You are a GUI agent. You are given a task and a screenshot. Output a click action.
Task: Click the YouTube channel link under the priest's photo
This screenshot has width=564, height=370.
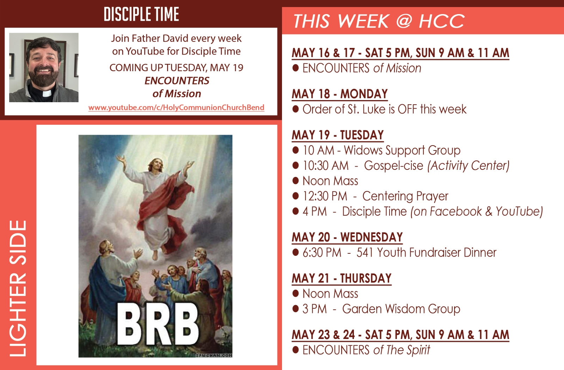point(176,107)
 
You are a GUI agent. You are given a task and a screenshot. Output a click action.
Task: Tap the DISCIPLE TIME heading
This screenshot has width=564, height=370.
point(141,14)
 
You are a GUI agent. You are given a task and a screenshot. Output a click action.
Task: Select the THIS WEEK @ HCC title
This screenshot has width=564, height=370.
point(379,21)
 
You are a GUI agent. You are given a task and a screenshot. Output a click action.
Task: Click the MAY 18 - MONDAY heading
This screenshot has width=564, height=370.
point(340,94)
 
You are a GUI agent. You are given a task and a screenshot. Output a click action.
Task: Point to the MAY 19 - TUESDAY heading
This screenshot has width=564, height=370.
point(338,135)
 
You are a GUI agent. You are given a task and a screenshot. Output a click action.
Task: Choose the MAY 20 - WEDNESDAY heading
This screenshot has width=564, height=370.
point(347,238)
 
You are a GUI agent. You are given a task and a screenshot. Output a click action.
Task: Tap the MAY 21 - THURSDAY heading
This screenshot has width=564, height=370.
point(342,278)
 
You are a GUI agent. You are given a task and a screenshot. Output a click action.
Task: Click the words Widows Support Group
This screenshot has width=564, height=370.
point(402,150)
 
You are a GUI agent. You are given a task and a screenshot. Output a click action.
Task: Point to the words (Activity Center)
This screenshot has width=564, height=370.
point(468,166)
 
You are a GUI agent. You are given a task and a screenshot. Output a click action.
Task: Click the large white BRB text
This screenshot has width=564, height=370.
point(158,324)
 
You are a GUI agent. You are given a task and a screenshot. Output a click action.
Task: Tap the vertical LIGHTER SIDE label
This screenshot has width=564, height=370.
point(18,289)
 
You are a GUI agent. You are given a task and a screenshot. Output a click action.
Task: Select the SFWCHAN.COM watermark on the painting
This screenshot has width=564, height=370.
point(214,356)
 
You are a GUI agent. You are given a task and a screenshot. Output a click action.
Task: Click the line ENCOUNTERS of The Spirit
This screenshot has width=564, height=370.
point(366,350)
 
